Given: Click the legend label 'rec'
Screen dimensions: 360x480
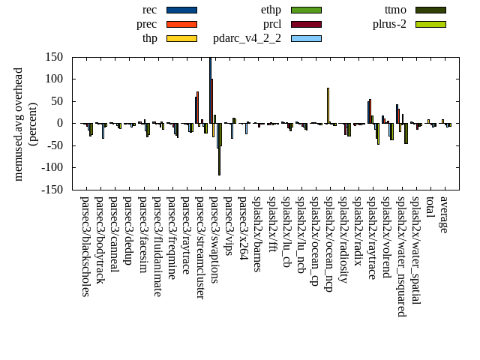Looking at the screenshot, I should pos(149,10).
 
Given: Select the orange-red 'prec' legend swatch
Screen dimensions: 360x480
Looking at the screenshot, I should pos(181,24).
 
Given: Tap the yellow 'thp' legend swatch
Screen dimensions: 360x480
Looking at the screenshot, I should pos(181,38).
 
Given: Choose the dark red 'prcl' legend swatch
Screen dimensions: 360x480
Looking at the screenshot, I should pos(306,24).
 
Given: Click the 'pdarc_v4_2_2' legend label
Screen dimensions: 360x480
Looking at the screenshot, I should pos(247,38).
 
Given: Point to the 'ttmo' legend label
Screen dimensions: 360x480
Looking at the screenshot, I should pos(395,10).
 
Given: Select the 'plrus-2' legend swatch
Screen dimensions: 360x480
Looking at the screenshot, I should pos(430,24).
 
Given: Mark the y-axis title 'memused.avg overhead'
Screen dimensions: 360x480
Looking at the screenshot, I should pos(19,124).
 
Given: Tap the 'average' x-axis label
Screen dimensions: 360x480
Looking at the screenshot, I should pos(444,214).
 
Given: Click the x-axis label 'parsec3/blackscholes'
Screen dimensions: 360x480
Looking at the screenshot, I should pos(85,247).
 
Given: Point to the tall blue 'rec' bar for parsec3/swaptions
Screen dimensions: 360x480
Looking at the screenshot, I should pos(211,90).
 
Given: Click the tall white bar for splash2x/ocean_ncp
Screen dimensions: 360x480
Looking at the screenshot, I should pos(328,105).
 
